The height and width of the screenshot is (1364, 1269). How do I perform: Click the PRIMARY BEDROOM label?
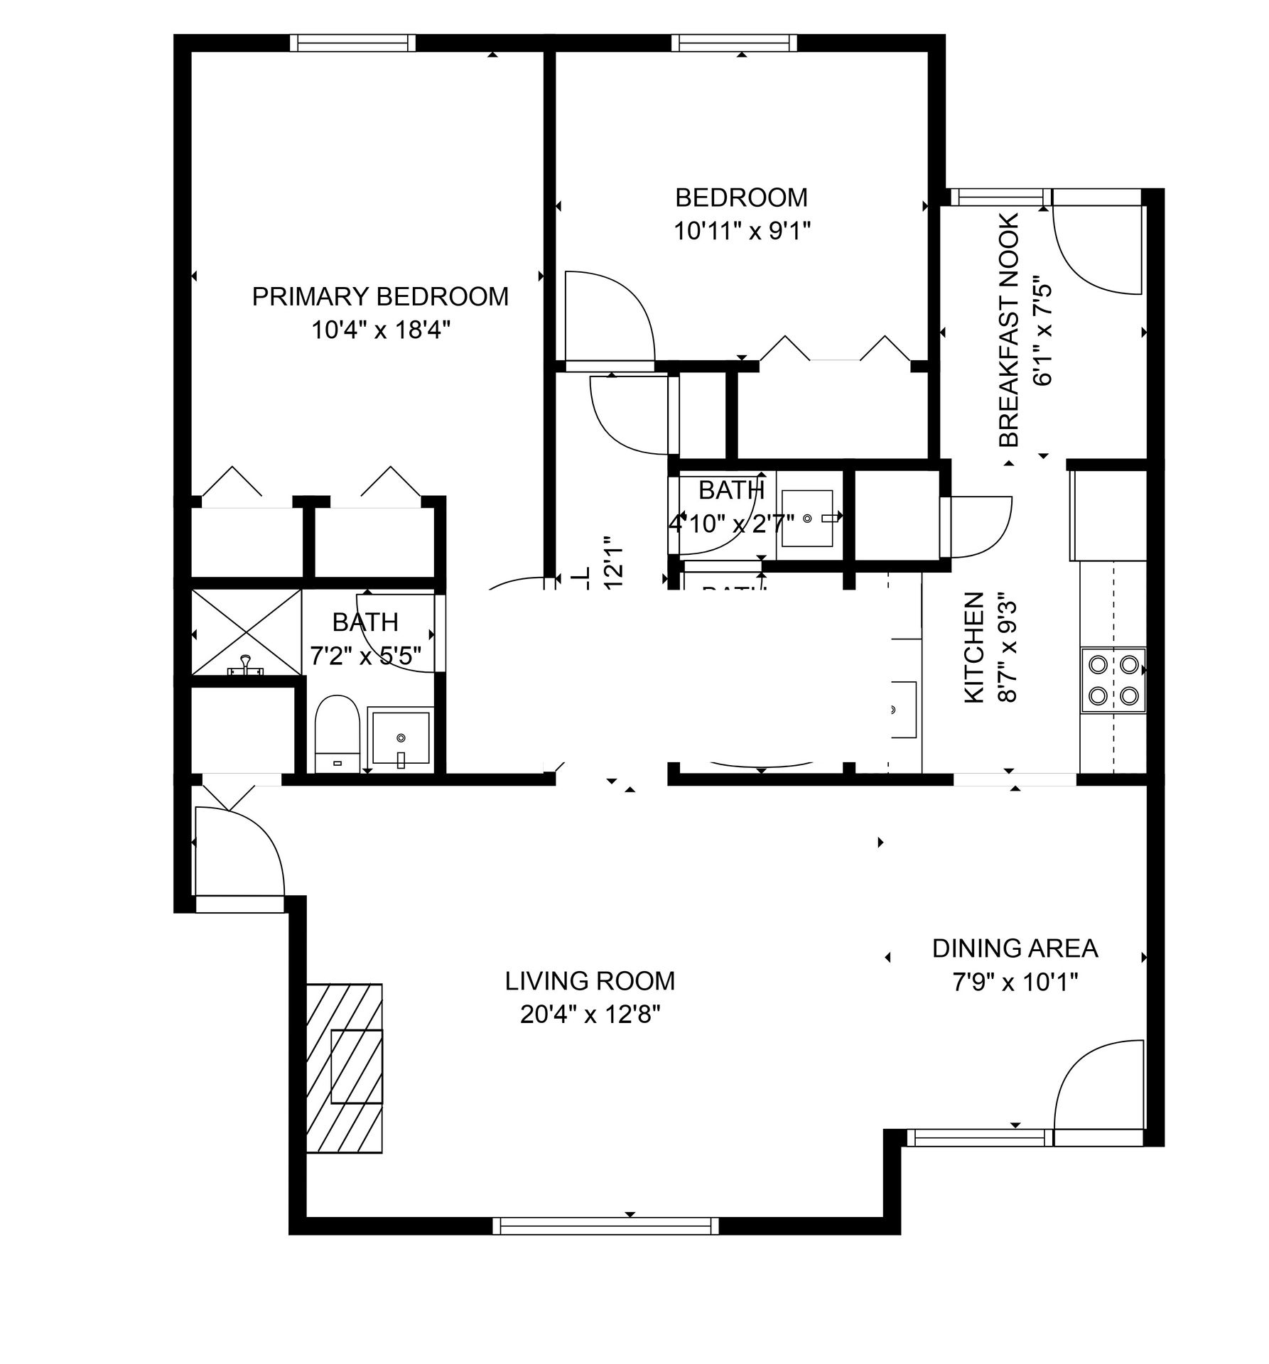(380, 296)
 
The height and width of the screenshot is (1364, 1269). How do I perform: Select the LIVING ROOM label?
(590, 981)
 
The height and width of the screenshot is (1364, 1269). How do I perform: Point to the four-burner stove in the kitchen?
(1113, 680)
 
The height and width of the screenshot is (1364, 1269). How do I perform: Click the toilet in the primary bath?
(337, 732)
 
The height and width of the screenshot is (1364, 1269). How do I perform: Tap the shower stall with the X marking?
(246, 632)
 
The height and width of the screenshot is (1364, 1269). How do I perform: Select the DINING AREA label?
(1015, 948)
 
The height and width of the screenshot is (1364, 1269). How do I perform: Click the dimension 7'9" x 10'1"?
(1015, 983)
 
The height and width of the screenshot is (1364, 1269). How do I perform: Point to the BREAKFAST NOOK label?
(1009, 330)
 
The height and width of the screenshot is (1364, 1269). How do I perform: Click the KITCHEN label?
(973, 649)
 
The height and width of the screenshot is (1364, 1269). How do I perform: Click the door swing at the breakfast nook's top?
(1094, 252)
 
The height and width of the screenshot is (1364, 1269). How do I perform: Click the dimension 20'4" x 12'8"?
(590, 1015)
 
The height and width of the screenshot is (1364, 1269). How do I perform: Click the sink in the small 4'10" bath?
(807, 519)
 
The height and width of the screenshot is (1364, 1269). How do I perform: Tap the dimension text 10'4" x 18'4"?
(380, 330)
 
